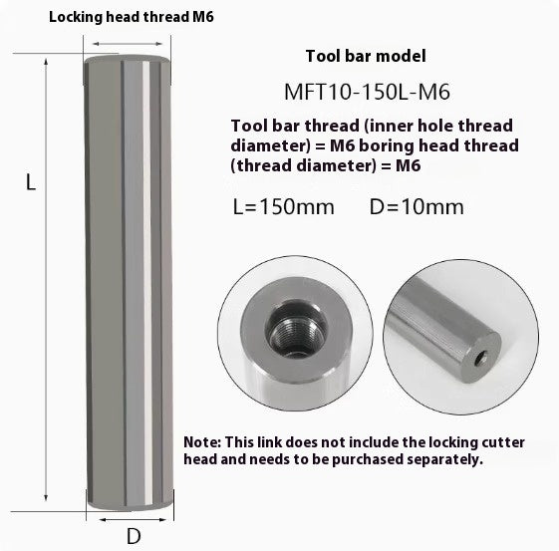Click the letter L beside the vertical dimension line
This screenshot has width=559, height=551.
point(31,183)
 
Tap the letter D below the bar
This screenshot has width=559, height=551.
point(133,536)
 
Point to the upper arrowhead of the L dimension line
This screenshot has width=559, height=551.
point(46,63)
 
